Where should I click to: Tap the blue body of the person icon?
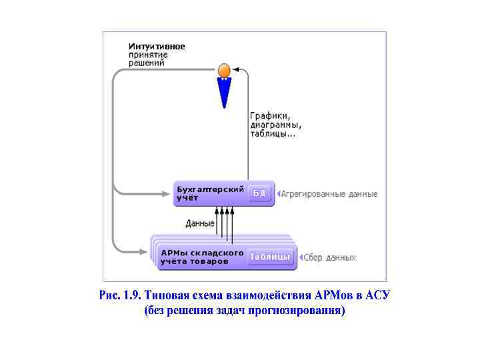225,92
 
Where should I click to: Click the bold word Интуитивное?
157,47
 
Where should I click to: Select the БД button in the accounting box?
259,193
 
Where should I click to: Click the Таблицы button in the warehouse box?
270,257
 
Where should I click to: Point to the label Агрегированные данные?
329,194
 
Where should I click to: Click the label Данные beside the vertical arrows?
200,223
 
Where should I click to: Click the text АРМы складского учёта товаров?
202,257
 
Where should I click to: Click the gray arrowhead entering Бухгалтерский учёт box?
169,194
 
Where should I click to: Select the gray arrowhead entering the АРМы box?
146,252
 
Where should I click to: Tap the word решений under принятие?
147,63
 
